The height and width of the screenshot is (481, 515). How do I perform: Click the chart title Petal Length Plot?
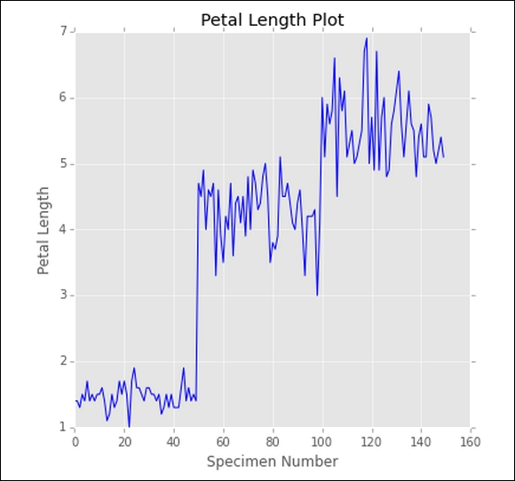[273, 20]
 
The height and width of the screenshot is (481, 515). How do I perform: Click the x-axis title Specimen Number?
[273, 462]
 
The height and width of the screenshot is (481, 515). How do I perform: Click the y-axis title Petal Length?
[43, 231]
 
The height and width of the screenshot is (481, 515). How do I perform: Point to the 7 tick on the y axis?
[63, 31]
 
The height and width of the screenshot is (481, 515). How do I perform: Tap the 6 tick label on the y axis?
[63, 98]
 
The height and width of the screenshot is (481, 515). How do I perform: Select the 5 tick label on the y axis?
[63, 164]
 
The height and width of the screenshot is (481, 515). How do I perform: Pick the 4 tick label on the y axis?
[63, 230]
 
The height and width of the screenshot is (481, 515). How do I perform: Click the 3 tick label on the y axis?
[63, 296]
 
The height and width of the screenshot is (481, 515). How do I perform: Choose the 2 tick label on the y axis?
[63, 361]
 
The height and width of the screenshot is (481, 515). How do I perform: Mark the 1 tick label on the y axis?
[63, 427]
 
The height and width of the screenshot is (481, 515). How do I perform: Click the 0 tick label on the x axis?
[75, 442]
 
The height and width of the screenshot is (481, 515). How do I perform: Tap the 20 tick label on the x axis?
[124, 442]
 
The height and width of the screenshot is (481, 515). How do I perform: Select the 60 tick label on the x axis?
[224, 442]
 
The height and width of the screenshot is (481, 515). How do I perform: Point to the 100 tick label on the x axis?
[321, 442]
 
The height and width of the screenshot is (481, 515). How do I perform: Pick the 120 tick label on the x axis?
[371, 442]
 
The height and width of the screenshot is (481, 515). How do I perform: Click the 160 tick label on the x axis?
[471, 442]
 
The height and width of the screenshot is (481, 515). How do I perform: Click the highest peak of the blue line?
[367, 38]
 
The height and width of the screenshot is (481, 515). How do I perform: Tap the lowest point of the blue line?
[129, 427]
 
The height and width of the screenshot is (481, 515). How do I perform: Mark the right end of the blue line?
[444, 158]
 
